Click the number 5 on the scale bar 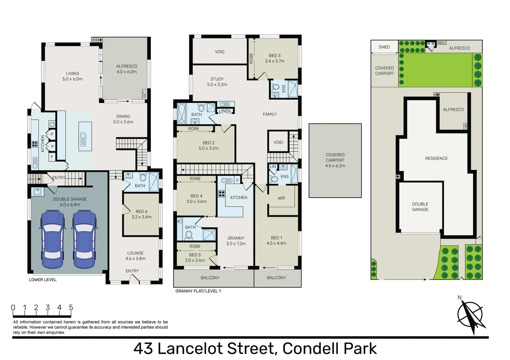tap(71, 308)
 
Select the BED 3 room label tap(275, 58)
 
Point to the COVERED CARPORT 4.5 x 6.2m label tap(335, 160)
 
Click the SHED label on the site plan tap(384, 47)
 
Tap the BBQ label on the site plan tap(441, 43)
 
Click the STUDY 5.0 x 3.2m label tap(217, 82)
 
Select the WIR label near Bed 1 tap(281, 198)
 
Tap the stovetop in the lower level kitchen tap(35, 144)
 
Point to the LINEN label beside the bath tap(225, 111)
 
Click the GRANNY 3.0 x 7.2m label tap(236, 241)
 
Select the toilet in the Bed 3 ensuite tap(276, 87)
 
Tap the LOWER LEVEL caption tap(43, 280)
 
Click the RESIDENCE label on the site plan tap(436, 158)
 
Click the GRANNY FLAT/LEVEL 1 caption tap(198, 291)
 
